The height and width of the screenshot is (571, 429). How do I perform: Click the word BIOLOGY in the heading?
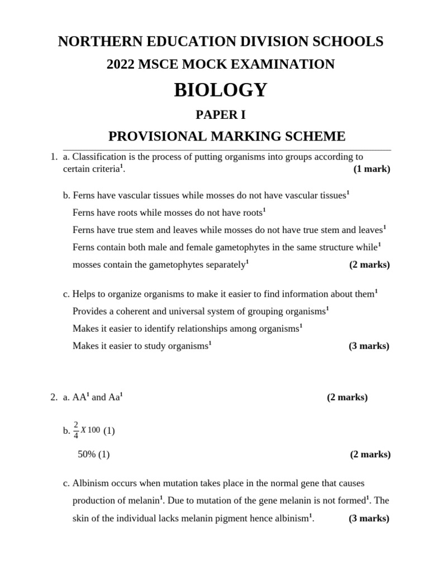click(221, 90)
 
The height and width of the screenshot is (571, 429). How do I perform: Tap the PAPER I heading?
click(220, 115)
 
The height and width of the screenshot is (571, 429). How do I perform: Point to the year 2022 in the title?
click(122, 65)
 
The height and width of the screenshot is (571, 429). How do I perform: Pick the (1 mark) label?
click(371, 169)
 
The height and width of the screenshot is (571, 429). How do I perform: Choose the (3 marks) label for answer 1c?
click(369, 346)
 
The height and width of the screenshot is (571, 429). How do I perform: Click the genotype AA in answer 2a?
click(79, 398)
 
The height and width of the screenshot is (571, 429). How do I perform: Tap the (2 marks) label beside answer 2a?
click(347, 398)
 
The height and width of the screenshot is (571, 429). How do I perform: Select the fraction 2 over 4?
click(77, 430)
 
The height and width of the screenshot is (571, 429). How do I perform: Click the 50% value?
click(87, 454)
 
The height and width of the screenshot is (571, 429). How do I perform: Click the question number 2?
click(53, 398)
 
